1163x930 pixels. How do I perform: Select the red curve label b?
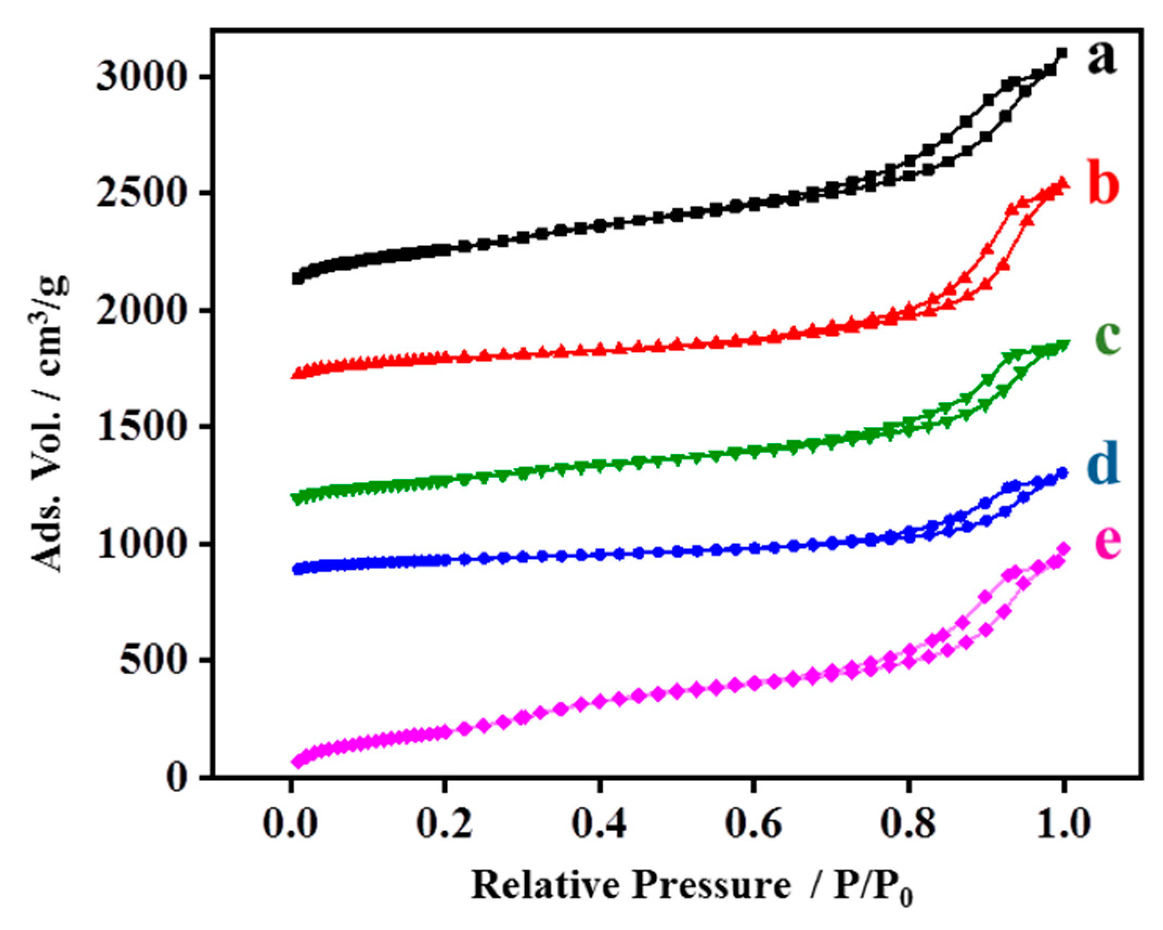point(1102,185)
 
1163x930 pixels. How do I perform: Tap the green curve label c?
point(1102,339)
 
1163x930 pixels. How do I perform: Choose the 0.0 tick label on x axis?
point(290,824)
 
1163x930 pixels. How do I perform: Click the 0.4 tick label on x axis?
point(599,824)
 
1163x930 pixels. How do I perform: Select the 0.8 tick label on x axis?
point(908,824)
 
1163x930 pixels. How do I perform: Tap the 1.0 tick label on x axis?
point(1063,824)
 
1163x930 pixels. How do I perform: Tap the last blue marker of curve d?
point(1062,473)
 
